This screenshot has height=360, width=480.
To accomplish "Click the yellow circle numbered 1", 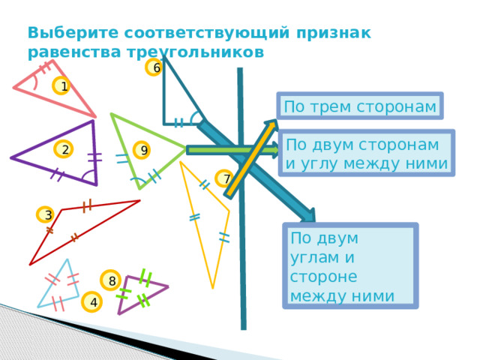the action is tap(61, 85).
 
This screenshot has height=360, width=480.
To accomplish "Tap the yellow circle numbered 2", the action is tap(63, 149).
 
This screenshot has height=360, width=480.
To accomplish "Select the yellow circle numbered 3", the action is tap(46, 214).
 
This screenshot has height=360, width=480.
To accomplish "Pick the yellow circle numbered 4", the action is tap(91, 301).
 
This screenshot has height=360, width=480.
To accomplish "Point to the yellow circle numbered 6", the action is tap(153, 67).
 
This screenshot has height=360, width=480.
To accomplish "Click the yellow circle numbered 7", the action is tap(225, 178).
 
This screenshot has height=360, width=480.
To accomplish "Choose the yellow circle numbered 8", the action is tap(110, 280).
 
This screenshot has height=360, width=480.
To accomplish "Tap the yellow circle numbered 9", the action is tap(142, 150).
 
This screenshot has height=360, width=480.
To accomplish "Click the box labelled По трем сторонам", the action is tap(360, 106).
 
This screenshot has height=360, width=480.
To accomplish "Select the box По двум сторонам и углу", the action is tap(367, 153).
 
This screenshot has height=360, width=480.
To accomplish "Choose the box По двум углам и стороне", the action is tap(350, 265).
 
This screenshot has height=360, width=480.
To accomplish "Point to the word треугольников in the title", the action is tap(196, 52).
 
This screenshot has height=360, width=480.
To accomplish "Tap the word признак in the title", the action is tap(333, 34).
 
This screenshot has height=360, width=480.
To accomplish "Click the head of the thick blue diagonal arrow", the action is tap(308, 215).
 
